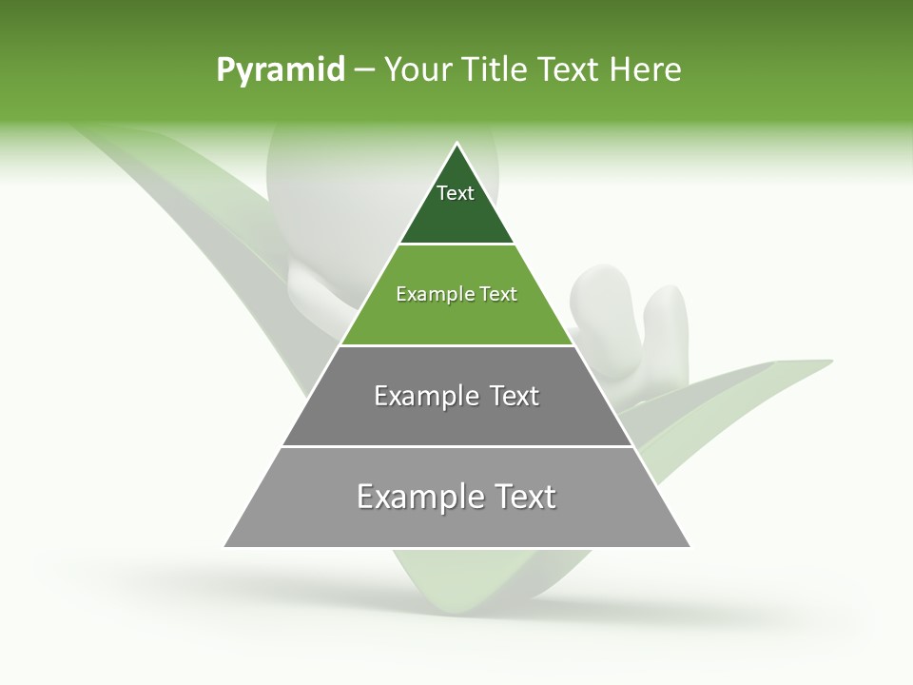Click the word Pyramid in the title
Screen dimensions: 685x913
click(280, 70)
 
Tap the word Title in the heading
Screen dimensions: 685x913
click(493, 70)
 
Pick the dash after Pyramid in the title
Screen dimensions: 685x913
click(363, 70)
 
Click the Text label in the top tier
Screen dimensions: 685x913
click(456, 193)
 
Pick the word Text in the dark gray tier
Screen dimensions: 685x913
click(515, 396)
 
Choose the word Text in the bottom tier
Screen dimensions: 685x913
click(525, 497)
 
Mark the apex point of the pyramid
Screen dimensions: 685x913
click(456, 144)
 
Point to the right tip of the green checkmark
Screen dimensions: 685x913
click(829, 362)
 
